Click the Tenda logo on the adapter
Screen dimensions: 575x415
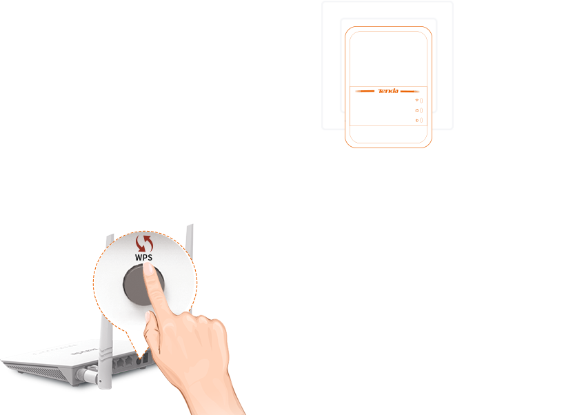[x=388, y=91]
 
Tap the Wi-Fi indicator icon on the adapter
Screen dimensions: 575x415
[x=416, y=100]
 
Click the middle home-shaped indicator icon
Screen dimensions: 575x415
[x=416, y=110]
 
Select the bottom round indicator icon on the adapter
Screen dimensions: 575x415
[x=416, y=120]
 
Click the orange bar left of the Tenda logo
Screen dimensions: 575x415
[x=365, y=91]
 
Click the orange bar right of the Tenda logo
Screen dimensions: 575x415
[x=410, y=91]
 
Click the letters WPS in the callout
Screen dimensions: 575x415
[x=143, y=257]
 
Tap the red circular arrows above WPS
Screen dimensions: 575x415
[x=144, y=243]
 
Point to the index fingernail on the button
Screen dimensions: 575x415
[x=148, y=269]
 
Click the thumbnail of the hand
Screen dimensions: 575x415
[x=148, y=317]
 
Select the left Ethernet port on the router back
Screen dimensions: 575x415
[x=120, y=363]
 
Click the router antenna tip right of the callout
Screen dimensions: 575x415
[x=190, y=227]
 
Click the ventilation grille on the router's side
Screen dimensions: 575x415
[x=37, y=372]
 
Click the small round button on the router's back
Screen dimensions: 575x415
[x=139, y=361]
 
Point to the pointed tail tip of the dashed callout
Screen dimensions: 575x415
[x=140, y=358]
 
